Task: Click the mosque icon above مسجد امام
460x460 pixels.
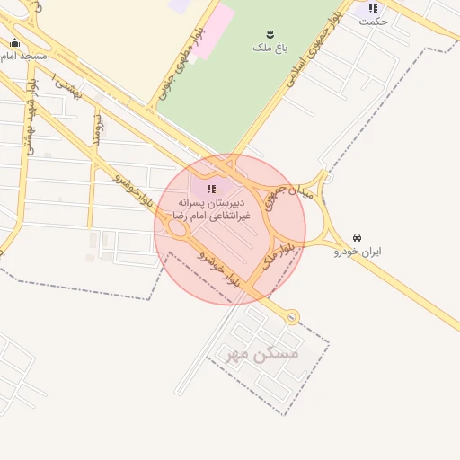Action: coord(14,42)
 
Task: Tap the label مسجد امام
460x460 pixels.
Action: coord(23,56)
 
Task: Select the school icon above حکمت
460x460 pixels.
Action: coord(373,8)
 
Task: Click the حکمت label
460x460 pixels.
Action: coord(373,21)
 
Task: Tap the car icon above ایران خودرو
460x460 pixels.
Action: coord(358,238)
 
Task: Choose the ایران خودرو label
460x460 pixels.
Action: coord(358,252)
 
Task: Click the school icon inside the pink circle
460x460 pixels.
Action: coord(212,189)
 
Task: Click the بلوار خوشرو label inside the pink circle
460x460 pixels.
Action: coord(220,268)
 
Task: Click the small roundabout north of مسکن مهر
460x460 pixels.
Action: coord(291,316)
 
